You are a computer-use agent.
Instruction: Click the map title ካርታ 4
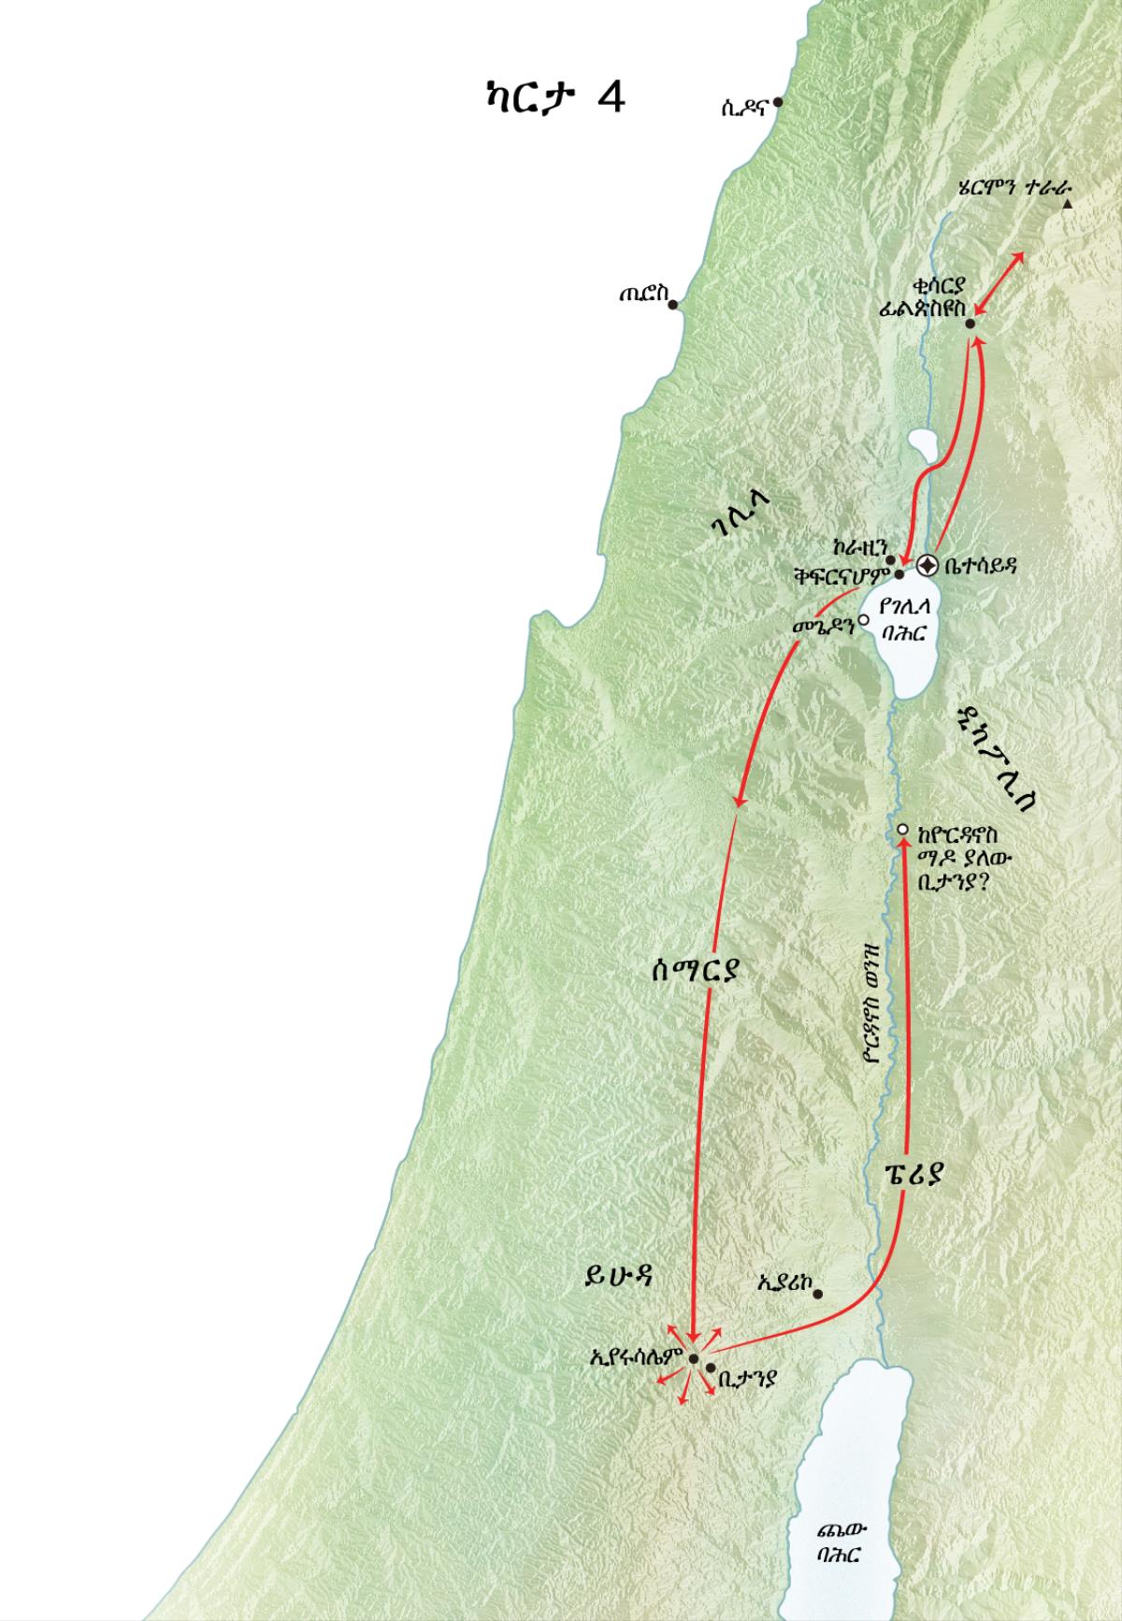549,96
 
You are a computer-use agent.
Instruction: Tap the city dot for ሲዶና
778,102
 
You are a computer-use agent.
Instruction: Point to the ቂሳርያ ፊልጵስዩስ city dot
970,324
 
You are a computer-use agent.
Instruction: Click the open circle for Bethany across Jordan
902,829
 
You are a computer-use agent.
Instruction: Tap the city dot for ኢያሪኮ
817,1295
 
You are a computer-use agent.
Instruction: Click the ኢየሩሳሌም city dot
694,1359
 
